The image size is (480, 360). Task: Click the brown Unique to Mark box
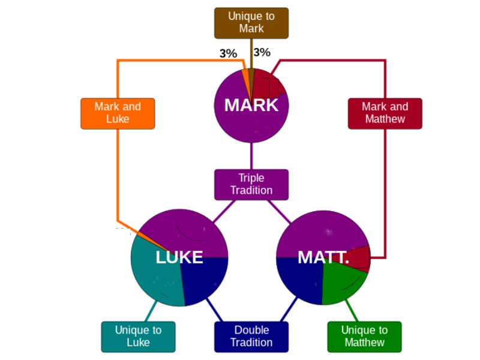(x=251, y=23)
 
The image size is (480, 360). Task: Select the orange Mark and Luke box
(x=118, y=113)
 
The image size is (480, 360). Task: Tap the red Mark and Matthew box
(x=385, y=113)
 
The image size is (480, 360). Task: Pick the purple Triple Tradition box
(x=251, y=184)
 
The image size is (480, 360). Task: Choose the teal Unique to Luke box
(x=138, y=337)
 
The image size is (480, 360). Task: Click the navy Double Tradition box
(x=251, y=337)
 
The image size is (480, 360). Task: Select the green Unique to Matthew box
(x=364, y=337)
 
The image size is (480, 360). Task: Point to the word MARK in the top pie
(x=251, y=105)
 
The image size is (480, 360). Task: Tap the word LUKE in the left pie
(x=179, y=257)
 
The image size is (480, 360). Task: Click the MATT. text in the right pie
(x=323, y=257)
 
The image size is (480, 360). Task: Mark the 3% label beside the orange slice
(x=228, y=53)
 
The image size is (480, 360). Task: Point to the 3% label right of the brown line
(x=262, y=53)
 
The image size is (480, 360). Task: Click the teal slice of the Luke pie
(x=153, y=276)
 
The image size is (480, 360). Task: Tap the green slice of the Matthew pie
(x=342, y=282)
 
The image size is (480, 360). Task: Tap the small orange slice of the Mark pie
(x=246, y=77)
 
